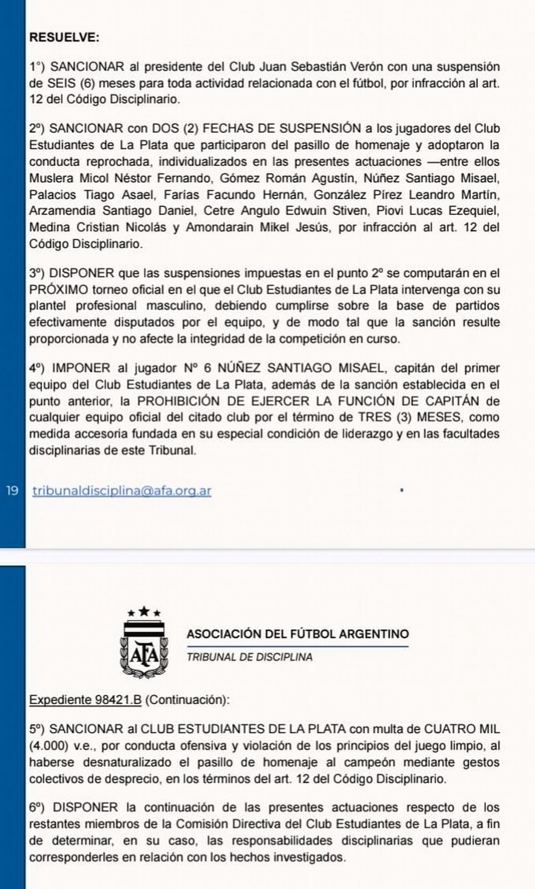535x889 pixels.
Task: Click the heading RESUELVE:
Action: [x=64, y=37]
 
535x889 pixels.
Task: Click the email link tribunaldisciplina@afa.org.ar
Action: [x=122, y=491]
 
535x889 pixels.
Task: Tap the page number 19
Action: [x=12, y=491]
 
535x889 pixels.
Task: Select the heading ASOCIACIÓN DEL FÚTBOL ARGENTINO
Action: [x=297, y=634]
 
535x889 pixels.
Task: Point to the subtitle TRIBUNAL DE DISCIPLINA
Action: [x=249, y=657]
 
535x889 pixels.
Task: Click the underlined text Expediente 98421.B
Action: [x=85, y=700]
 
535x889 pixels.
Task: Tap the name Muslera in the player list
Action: [x=51, y=178]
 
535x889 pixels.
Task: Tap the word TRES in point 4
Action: [x=375, y=418]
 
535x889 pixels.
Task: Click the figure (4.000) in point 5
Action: [x=47, y=746]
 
